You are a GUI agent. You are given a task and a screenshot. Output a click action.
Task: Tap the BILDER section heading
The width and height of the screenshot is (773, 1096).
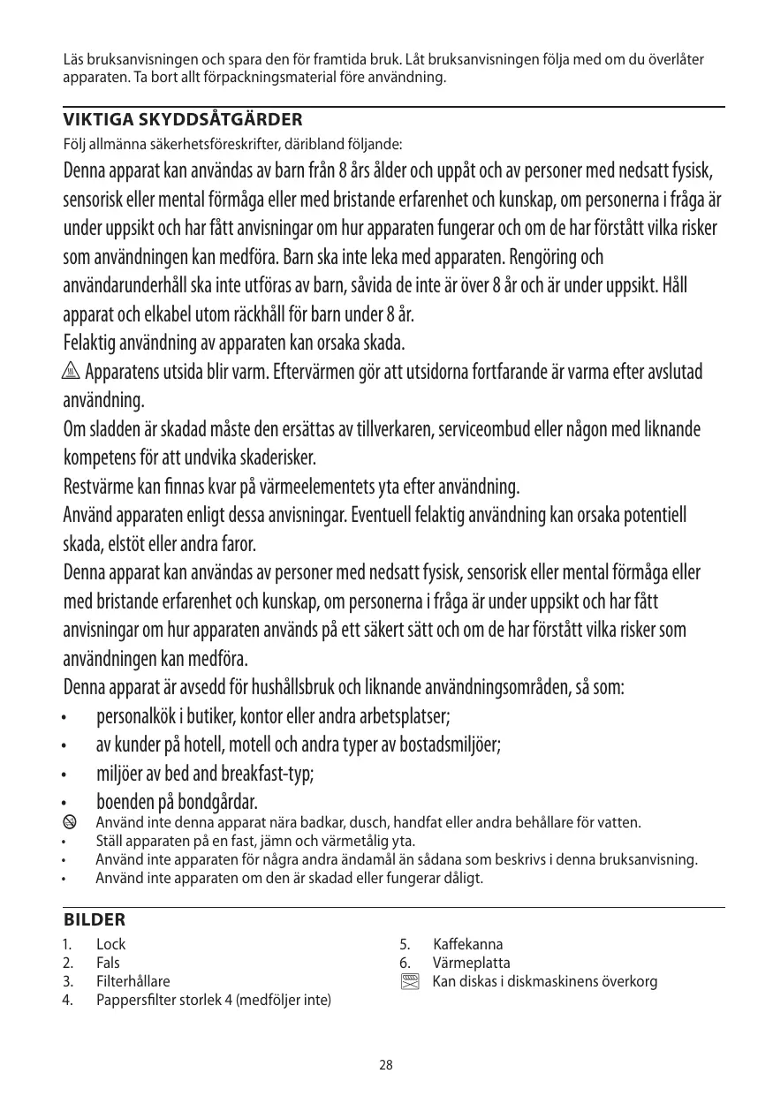pyautogui.click(x=95, y=920)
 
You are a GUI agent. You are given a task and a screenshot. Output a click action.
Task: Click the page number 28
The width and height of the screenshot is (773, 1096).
pyautogui.click(x=386, y=1065)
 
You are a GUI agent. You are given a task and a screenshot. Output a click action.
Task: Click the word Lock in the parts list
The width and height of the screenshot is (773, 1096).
pyautogui.click(x=110, y=944)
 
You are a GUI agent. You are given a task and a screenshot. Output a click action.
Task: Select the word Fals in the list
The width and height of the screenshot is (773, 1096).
pyautogui.click(x=108, y=963)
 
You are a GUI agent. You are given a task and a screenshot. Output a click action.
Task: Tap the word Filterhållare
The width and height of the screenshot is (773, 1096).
pyautogui.click(x=133, y=981)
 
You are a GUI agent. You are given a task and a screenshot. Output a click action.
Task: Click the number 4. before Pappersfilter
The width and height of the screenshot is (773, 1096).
pyautogui.click(x=68, y=1000)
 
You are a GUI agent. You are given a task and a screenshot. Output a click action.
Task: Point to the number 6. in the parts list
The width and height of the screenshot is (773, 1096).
pyautogui.click(x=405, y=963)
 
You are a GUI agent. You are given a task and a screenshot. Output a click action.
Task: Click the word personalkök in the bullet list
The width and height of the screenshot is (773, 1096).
pyautogui.click(x=137, y=714)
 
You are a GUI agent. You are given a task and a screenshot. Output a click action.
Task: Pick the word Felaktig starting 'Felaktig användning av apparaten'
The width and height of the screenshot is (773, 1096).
pyautogui.click(x=93, y=342)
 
